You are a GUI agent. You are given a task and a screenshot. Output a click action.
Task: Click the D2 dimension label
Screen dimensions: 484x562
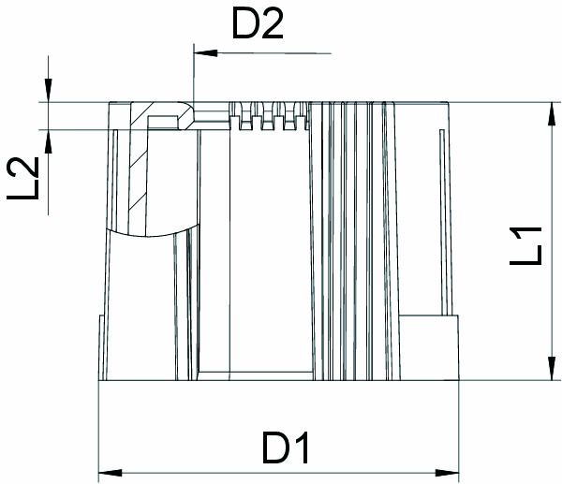(x=258, y=26)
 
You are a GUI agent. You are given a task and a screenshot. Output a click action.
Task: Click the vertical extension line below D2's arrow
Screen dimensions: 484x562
(x=192, y=80)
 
